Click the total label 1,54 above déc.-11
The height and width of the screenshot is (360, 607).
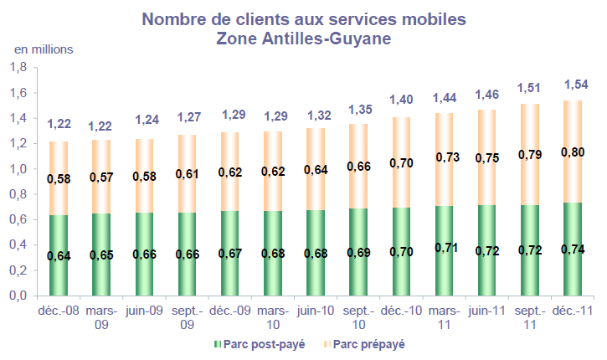pyautogui.click(x=574, y=85)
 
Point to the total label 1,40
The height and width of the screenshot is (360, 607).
pyautogui.click(x=402, y=100)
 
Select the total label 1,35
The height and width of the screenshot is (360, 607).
pyautogui.click(x=359, y=108)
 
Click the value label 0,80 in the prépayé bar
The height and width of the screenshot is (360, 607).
pyautogui.click(x=574, y=152)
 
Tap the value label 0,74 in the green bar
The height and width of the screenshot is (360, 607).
pyautogui.click(x=574, y=249)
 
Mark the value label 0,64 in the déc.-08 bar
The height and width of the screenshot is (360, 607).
pyautogui.click(x=59, y=255)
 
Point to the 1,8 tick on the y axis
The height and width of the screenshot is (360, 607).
pyautogui.click(x=19, y=68)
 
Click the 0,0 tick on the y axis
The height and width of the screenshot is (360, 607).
pyautogui.click(x=19, y=296)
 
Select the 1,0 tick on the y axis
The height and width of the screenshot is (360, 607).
pyautogui.click(x=19, y=169)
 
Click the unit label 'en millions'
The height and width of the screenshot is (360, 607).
pyautogui.click(x=43, y=49)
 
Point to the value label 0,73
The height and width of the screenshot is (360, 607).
pyautogui.click(x=445, y=157)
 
